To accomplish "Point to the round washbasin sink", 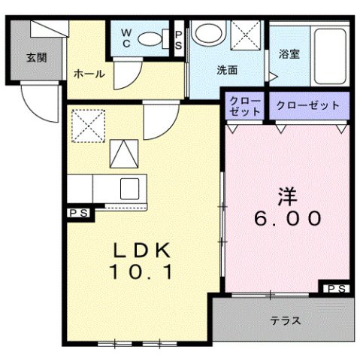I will (208, 33).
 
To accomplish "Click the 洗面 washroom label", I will (227, 71).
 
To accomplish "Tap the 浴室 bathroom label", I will (289, 54).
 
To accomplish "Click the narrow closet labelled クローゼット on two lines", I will (245, 106).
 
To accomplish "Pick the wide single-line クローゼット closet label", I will (308, 105).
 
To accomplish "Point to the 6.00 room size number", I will (289, 220).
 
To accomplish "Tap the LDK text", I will (143, 250).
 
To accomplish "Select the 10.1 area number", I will (143, 272).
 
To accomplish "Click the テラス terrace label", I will (286, 321).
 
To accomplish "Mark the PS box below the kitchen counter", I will (80, 213).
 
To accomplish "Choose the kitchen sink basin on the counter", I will (129, 188).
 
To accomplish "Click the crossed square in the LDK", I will (86, 123).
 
